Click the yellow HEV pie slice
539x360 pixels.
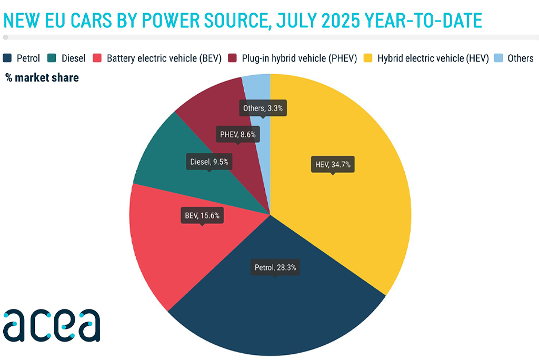pyautogui.click(x=347, y=211)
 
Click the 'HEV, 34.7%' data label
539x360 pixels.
pyautogui.click(x=333, y=165)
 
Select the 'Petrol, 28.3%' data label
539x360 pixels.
pyautogui.click(x=275, y=267)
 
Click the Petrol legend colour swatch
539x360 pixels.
pyautogui.click(x=7, y=58)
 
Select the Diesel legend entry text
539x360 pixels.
pyautogui.click(x=73, y=58)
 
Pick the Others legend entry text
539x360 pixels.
pyautogui.click(x=520, y=58)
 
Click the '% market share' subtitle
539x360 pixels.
pyautogui.click(x=42, y=78)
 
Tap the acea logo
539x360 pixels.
pyautogui.click(x=52, y=325)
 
